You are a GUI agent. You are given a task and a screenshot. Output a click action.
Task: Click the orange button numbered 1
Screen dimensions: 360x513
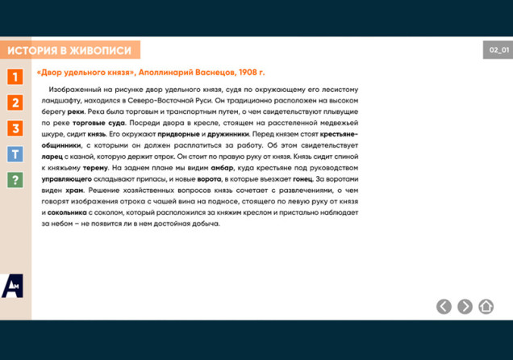click(15, 77)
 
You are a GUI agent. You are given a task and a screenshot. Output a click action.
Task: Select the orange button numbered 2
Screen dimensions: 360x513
click(15, 103)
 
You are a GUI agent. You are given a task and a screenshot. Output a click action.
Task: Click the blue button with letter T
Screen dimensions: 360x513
click(15, 154)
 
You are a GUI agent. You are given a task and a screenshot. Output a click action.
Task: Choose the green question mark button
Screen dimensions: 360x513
click(15, 180)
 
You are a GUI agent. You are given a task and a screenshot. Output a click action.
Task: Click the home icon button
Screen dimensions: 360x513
click(486, 306)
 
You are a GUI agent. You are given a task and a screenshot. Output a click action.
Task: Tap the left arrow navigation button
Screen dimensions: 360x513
click(444, 306)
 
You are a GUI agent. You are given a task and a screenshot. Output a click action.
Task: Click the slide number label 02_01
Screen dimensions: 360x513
click(498, 50)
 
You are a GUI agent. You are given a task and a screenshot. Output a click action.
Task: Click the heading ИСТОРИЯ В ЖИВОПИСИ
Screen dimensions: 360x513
click(69, 50)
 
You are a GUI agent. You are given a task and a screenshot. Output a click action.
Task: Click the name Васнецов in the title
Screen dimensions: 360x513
click(212, 73)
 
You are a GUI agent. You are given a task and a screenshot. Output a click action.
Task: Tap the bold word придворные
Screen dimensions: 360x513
click(178, 133)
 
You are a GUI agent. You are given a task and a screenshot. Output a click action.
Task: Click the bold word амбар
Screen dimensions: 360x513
click(223, 167)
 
